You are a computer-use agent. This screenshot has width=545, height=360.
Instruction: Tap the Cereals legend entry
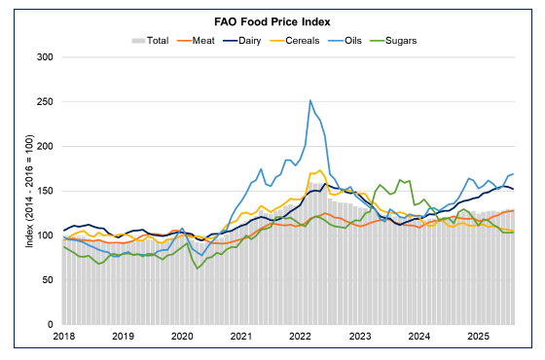point(314,40)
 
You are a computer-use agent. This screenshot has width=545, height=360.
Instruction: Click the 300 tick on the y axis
point(45,56)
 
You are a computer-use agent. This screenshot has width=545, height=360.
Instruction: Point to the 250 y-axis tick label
point(45,101)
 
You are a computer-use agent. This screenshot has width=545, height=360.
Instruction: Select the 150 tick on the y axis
point(45,191)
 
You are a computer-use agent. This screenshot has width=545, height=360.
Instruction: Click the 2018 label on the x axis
point(64,336)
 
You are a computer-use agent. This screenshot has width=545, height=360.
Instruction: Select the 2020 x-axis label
point(182,336)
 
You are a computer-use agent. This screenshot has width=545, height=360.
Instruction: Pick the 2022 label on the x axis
point(301,336)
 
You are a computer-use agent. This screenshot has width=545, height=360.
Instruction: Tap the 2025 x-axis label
point(478,336)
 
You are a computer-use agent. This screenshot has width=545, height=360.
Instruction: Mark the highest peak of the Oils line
point(310,100)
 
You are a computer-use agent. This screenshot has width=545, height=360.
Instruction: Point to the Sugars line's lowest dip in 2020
point(198,268)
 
